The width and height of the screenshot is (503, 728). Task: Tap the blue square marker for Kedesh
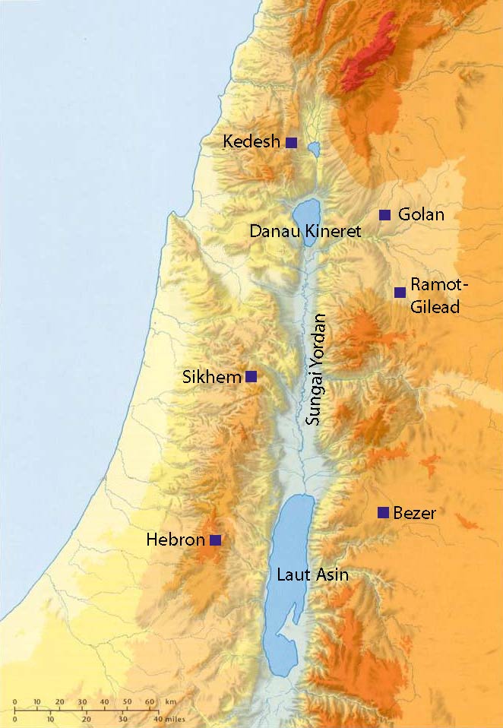click(x=291, y=142)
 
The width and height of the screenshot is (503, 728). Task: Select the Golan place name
click(x=421, y=215)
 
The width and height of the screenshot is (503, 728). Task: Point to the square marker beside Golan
click(x=384, y=215)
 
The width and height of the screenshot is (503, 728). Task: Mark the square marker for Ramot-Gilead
click(x=400, y=293)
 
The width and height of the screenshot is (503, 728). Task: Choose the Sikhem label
click(x=212, y=376)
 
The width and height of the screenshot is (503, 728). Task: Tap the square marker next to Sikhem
click(x=251, y=376)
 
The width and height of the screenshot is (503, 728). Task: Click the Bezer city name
click(x=415, y=513)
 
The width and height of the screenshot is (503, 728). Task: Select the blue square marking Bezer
click(x=383, y=512)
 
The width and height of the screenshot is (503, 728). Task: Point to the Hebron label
click(x=176, y=540)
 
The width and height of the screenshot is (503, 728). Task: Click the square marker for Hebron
click(x=215, y=540)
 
